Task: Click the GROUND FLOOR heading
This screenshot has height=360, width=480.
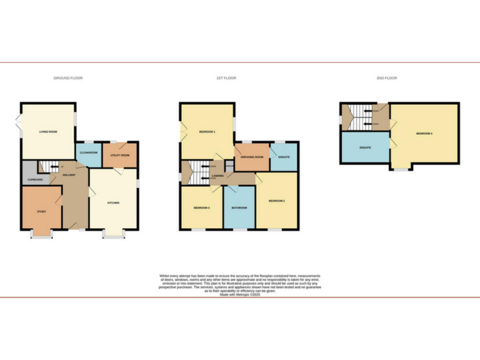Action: (x=67, y=78)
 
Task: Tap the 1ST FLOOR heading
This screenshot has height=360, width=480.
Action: (x=226, y=78)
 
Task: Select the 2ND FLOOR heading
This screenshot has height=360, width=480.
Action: (x=386, y=78)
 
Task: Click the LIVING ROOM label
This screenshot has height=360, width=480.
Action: (x=48, y=132)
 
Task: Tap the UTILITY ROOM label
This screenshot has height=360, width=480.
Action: (x=119, y=154)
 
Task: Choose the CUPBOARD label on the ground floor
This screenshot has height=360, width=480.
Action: (x=34, y=179)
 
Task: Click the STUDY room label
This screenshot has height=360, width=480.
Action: (x=41, y=211)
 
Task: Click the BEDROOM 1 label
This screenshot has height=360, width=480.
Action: (x=207, y=132)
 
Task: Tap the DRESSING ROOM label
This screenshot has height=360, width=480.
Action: (x=251, y=157)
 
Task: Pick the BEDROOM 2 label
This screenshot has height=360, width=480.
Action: (x=276, y=201)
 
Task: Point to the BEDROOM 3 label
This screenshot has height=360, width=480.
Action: (x=201, y=207)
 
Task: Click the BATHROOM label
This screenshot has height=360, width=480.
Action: (x=239, y=207)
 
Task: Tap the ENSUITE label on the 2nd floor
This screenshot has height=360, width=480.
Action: (x=366, y=147)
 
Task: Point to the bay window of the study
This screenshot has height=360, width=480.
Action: (x=42, y=236)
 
